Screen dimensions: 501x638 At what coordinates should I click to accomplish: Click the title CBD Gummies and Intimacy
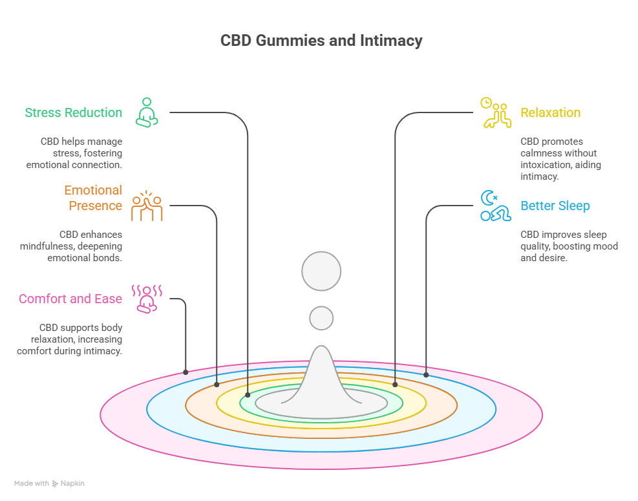point(321,41)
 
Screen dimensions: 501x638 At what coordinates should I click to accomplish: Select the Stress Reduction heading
point(73,112)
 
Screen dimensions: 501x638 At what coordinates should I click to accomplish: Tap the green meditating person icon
point(147,112)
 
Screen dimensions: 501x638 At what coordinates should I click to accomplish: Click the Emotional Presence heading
point(92,198)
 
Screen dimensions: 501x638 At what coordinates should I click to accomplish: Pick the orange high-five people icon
point(147,206)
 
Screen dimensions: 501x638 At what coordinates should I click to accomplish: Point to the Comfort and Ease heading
point(70,299)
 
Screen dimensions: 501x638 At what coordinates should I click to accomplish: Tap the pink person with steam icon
point(147,299)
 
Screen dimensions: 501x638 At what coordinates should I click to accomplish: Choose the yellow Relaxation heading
point(551,112)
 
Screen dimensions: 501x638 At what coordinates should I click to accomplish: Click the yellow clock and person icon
point(495,112)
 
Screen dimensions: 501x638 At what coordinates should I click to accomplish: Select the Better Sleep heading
point(555,206)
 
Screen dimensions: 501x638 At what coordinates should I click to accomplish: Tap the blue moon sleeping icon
point(495,206)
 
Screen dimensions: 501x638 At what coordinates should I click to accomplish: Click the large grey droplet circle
point(321,270)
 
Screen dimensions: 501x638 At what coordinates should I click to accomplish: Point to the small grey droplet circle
point(321,318)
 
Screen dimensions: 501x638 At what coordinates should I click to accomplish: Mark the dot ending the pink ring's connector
point(186,372)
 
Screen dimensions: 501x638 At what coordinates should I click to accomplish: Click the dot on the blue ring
point(426,374)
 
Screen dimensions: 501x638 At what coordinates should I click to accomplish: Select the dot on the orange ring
point(217,384)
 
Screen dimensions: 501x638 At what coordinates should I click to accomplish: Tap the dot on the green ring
point(248,394)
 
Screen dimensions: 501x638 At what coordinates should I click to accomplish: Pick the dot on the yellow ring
point(395,384)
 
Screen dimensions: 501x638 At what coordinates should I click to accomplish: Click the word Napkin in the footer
point(73,483)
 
